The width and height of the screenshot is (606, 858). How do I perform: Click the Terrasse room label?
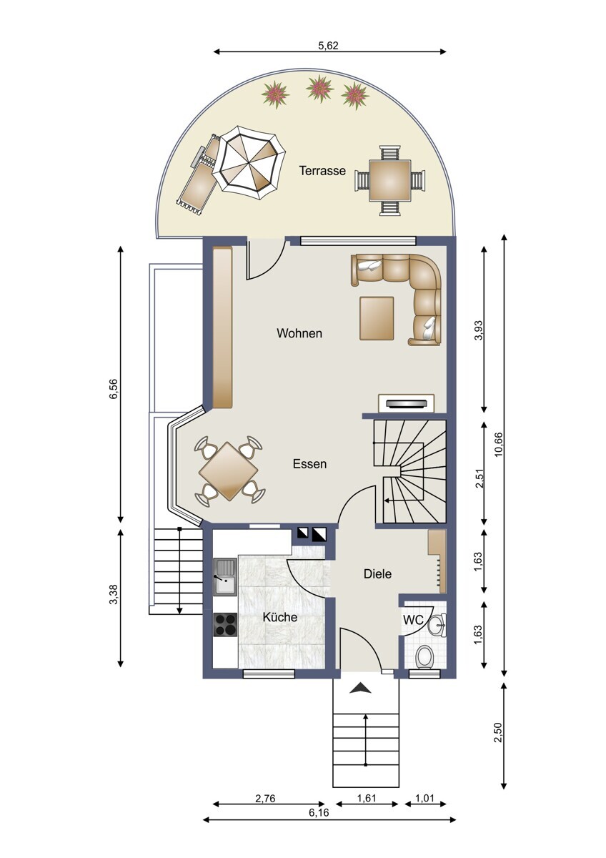(x=322, y=171)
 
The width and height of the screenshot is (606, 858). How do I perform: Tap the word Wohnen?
(x=299, y=333)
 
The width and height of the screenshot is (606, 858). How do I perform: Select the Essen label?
(x=309, y=464)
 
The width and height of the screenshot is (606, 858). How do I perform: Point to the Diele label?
(x=377, y=573)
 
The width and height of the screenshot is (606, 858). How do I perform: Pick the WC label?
(x=413, y=619)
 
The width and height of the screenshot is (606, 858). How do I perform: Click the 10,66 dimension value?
(x=498, y=444)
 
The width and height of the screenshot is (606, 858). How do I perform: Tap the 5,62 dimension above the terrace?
(x=329, y=46)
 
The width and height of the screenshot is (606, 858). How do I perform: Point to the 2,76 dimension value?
(x=265, y=798)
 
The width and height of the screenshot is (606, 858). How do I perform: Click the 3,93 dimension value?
(x=479, y=330)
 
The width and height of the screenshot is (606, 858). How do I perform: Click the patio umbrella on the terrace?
(x=249, y=162)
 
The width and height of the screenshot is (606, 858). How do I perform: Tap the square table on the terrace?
(x=390, y=180)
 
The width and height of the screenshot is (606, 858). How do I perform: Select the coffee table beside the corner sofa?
(x=377, y=318)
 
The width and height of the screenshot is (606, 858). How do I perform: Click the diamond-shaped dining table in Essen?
(x=229, y=471)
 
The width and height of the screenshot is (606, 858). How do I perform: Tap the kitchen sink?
(x=225, y=577)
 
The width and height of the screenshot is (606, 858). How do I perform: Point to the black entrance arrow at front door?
(x=360, y=689)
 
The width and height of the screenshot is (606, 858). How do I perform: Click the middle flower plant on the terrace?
(x=320, y=89)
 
